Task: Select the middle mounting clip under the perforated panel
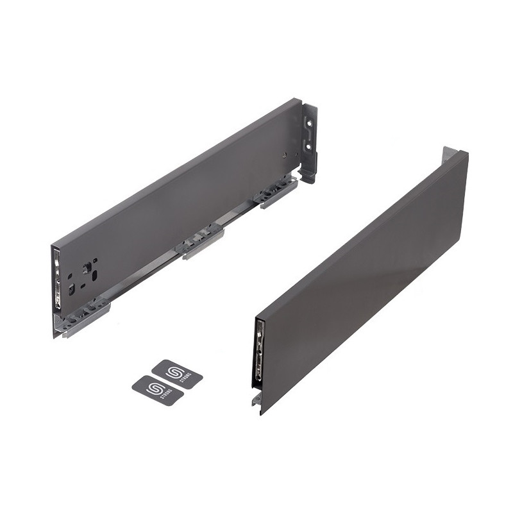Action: click(201, 242)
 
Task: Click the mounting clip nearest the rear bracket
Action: click(277, 192)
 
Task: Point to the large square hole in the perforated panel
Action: click(85, 265)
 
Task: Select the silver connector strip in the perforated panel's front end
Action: click(58, 283)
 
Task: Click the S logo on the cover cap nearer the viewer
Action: click(154, 389)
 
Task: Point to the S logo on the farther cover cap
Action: click(174, 372)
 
